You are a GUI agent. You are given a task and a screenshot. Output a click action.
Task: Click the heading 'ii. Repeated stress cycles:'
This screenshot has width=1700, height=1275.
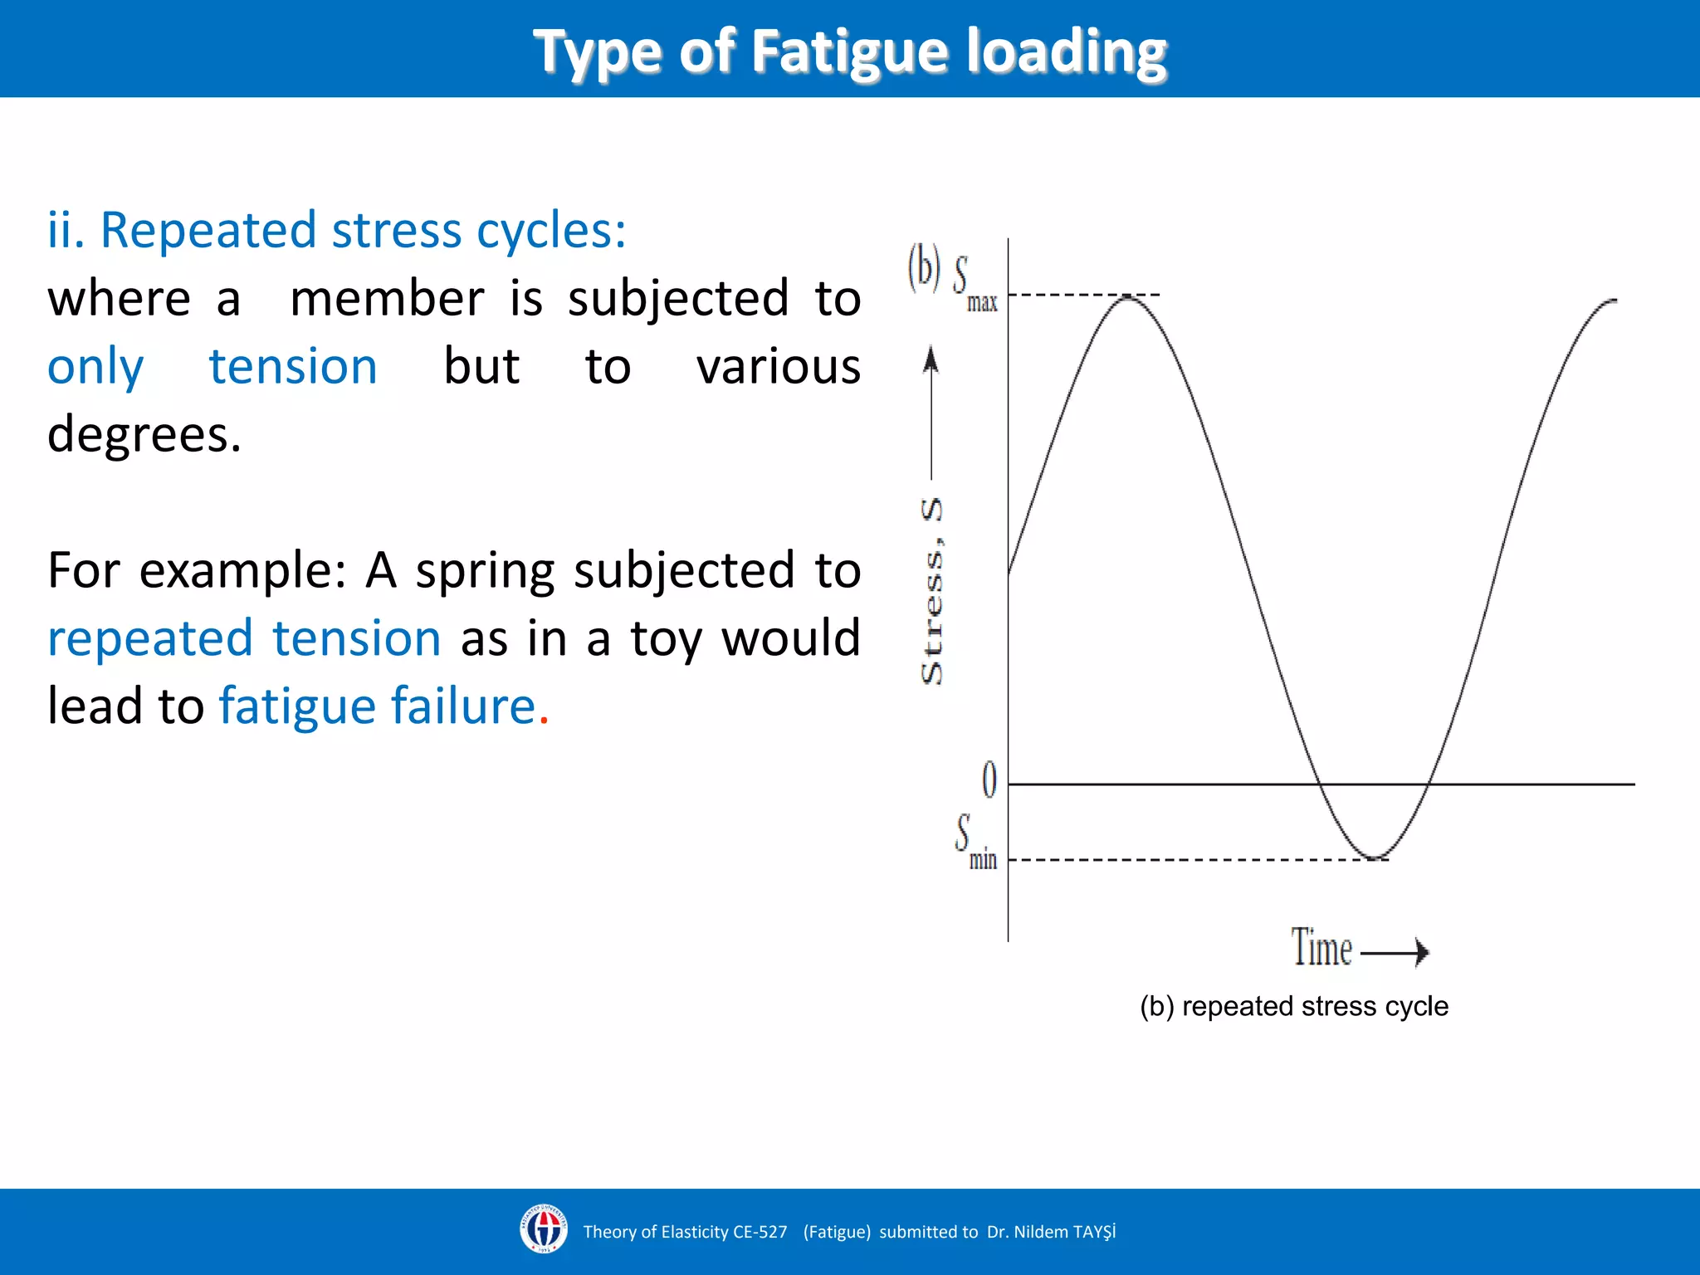(x=336, y=230)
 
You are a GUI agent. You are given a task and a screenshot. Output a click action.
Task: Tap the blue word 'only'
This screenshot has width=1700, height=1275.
(x=95, y=367)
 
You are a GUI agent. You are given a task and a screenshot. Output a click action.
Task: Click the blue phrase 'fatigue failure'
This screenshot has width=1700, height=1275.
(x=377, y=706)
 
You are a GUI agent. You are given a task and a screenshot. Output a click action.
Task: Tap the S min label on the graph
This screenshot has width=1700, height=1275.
(x=975, y=843)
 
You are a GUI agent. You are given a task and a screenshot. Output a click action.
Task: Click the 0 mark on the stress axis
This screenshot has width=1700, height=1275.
(x=989, y=780)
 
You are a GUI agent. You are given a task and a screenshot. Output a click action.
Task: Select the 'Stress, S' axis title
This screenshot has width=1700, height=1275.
(x=932, y=591)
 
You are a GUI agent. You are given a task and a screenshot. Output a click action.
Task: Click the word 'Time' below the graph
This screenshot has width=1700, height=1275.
(x=1321, y=948)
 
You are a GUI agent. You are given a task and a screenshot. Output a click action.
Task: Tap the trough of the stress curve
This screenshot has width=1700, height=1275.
(x=1374, y=857)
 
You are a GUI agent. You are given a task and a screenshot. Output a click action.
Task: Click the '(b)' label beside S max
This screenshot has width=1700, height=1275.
(x=924, y=268)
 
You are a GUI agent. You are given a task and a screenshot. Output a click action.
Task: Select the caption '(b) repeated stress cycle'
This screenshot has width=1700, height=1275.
(x=1294, y=1006)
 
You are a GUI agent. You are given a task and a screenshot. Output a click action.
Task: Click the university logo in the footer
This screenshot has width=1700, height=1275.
(x=544, y=1229)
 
